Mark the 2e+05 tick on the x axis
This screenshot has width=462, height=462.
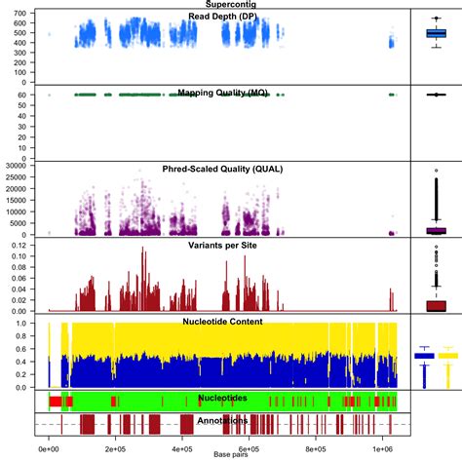click(x=115, y=448)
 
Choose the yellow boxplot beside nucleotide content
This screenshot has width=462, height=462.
click(x=448, y=356)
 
